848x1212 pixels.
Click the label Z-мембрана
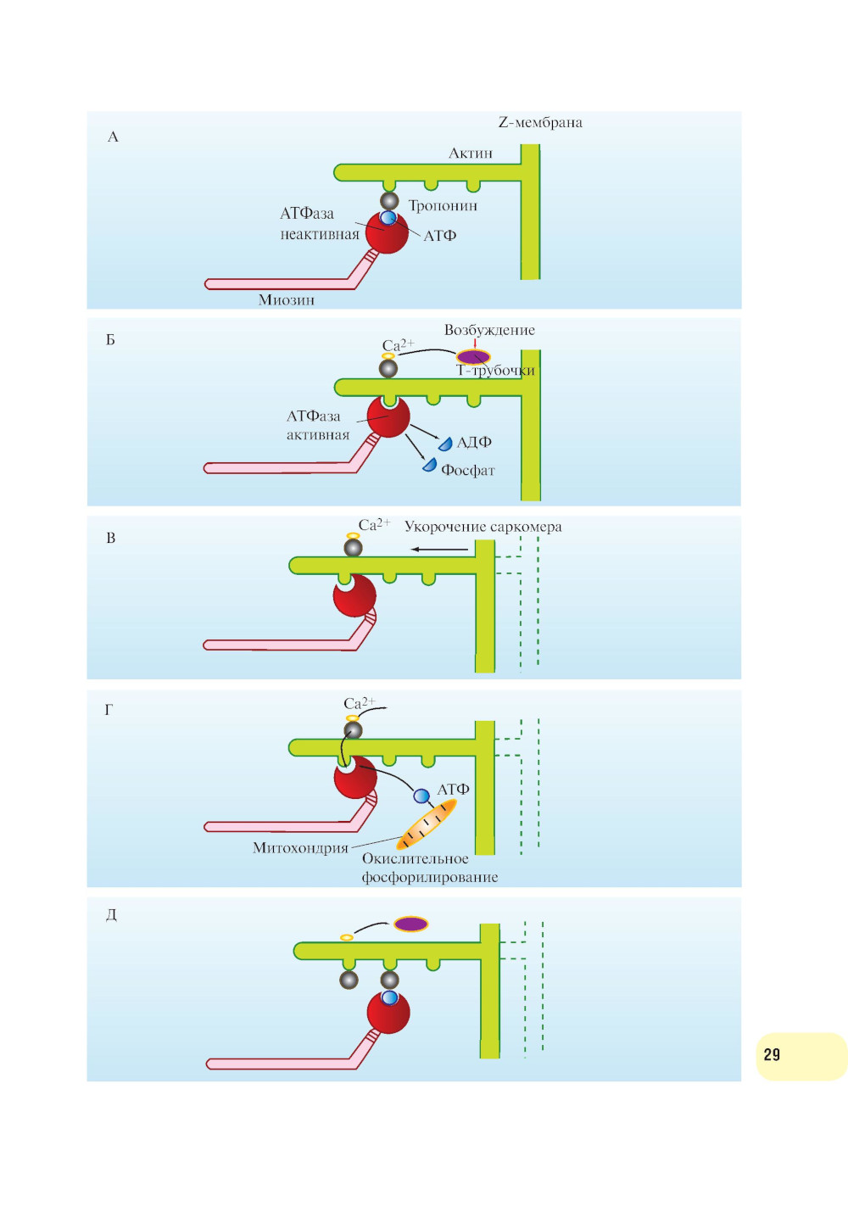(x=540, y=122)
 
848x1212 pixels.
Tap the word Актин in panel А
(x=471, y=154)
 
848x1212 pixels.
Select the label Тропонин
(x=443, y=206)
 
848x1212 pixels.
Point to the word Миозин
(x=287, y=300)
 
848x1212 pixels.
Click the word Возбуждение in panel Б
(x=489, y=330)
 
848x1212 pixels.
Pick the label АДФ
(x=474, y=443)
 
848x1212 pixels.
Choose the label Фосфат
(x=468, y=471)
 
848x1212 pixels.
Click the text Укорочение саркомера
(x=483, y=527)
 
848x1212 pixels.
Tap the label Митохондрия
(x=300, y=848)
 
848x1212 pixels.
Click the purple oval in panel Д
(x=410, y=924)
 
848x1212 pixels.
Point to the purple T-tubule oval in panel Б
(x=473, y=356)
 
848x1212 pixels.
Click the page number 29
(x=772, y=1055)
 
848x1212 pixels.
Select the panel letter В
(x=110, y=539)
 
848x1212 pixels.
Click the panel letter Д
(x=111, y=915)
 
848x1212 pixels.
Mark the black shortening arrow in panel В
(x=439, y=550)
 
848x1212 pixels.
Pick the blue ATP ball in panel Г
(x=421, y=796)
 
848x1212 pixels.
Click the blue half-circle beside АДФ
(x=445, y=444)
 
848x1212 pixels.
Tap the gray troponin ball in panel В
(x=353, y=548)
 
